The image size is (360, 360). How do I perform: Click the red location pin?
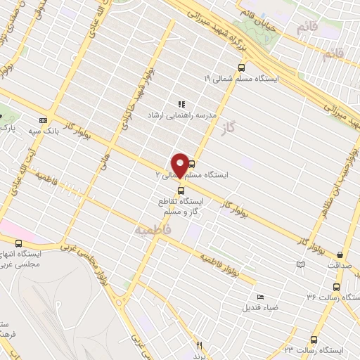coord(179,165)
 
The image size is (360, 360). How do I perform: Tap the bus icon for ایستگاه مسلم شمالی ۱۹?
coord(242,68)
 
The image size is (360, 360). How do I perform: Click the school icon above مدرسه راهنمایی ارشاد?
coord(181,103)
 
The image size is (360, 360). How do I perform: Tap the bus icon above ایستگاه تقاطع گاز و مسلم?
coord(181,190)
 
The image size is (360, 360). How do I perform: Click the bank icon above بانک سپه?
coord(43,120)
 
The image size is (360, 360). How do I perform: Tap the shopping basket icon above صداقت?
coord(341,255)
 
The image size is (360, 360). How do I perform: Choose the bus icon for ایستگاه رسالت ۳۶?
coord(336,287)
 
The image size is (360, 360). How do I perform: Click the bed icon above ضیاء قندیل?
coord(261,297)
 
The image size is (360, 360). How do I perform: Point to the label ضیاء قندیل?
coord(261,307)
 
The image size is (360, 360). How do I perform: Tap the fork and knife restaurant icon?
coord(199,345)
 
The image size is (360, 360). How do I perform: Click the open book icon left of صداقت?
coord(302,264)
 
